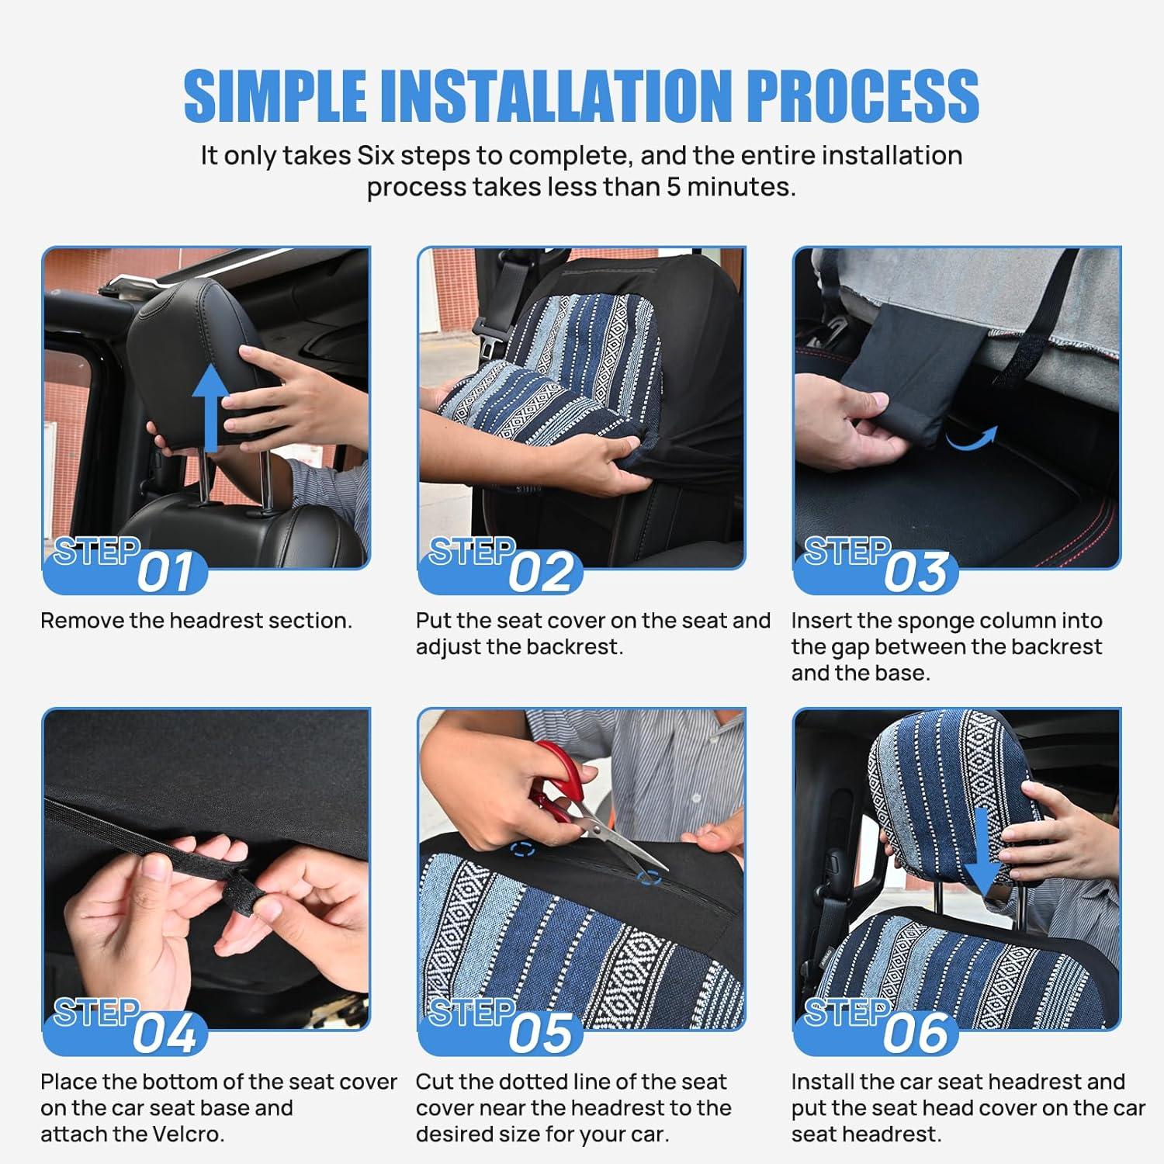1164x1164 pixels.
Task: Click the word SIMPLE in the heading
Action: coord(275,95)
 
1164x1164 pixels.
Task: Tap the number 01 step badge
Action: coord(165,573)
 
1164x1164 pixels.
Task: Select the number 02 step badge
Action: coord(541,573)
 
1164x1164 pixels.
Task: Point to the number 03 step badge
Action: coord(916,573)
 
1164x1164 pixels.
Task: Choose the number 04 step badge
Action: coord(165,1034)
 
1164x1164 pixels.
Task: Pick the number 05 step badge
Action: coord(541,1034)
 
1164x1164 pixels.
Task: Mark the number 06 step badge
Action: coord(916,1034)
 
